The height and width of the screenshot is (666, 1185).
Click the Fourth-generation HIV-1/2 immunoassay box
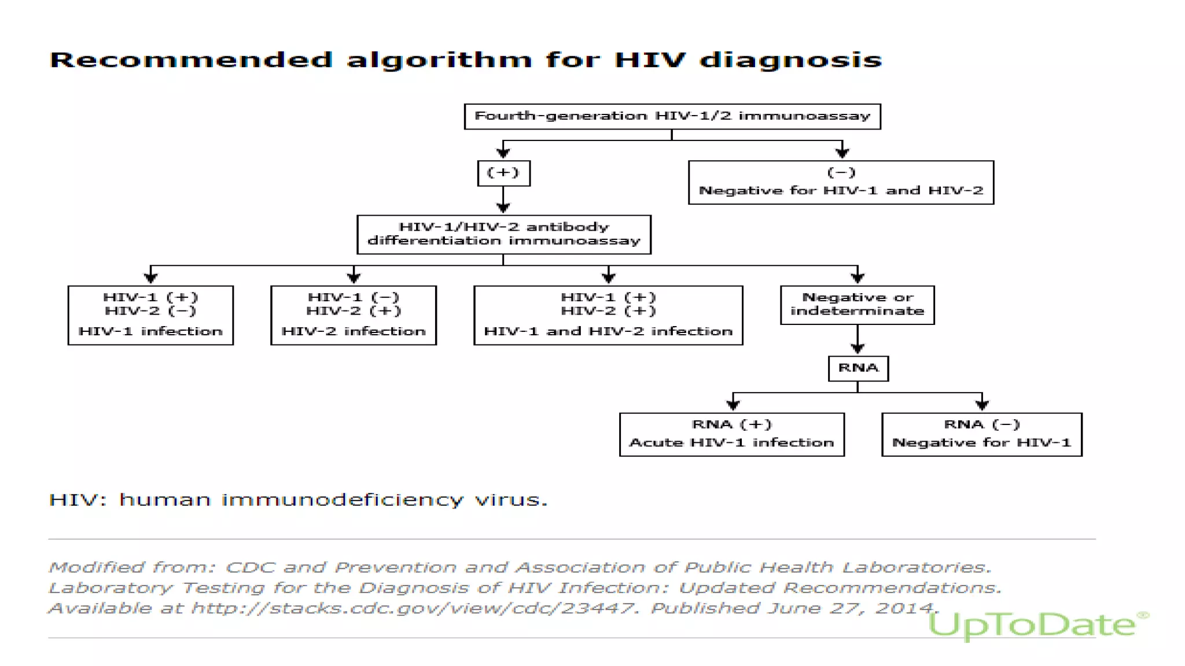[x=672, y=116]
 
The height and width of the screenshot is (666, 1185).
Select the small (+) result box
[x=503, y=173]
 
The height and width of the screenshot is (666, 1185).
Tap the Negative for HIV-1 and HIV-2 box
[x=841, y=182]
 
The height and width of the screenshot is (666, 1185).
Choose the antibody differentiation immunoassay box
[x=503, y=234]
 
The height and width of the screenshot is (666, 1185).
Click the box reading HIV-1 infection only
[x=150, y=315]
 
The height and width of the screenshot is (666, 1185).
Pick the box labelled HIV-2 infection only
[x=354, y=315]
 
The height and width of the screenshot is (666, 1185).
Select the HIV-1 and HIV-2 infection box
[x=608, y=315]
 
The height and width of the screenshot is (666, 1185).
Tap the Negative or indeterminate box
[x=857, y=305]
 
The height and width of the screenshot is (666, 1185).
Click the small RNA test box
[x=858, y=368]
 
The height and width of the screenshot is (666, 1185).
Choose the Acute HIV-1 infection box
[x=731, y=434]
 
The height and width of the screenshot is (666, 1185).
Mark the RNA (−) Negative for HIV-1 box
[x=981, y=434]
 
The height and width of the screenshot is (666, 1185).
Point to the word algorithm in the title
[x=439, y=60]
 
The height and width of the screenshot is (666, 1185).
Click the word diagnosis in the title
[x=790, y=60]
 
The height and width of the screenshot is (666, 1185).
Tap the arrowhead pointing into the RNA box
[x=858, y=349]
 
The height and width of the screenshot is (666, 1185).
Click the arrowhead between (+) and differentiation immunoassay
[x=503, y=208]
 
